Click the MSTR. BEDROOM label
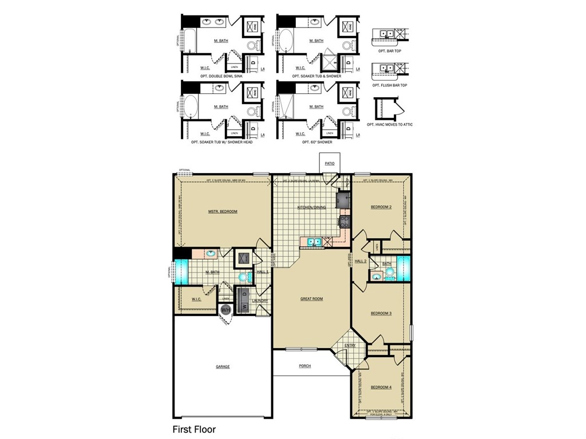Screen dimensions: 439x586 point(223,211)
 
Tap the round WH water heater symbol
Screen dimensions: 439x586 point(225,310)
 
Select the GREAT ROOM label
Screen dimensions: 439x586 point(312,298)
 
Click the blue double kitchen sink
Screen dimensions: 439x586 point(314,242)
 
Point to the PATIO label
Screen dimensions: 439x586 point(330,163)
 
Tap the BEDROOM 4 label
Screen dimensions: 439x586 point(381,387)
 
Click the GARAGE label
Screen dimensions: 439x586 point(223,366)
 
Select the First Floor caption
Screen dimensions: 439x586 point(194,429)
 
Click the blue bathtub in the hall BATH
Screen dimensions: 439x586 point(404,269)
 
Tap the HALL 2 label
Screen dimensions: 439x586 point(361,261)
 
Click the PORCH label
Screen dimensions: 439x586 point(305,366)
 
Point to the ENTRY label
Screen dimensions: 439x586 point(350,345)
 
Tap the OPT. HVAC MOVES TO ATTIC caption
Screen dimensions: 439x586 point(390,124)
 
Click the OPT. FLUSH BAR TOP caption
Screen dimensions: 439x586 point(390,85)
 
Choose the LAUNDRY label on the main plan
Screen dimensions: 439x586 point(260,301)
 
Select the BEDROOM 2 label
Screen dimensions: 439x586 point(381,207)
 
